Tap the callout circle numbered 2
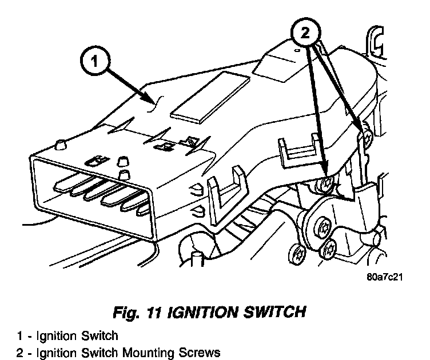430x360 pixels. coord(305,33)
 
